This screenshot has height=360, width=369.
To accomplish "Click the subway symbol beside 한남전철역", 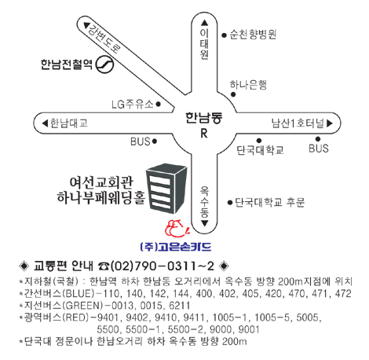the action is [x=104, y=64].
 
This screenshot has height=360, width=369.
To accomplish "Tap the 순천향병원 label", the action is [x=253, y=35].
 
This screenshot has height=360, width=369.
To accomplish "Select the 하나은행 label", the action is [x=248, y=85].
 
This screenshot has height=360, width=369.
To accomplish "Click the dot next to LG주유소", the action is [x=158, y=104].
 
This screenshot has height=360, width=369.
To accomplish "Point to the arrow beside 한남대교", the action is [x=45, y=123].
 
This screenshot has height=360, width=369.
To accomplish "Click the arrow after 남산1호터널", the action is [x=330, y=123].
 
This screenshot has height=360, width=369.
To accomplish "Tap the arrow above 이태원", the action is [x=204, y=23].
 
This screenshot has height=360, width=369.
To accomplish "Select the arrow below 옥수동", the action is [x=204, y=223].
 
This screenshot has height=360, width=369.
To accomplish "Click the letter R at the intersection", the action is [x=204, y=133].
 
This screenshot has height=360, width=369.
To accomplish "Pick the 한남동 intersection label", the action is [x=204, y=117].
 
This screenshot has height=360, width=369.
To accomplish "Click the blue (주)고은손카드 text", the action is [x=176, y=247].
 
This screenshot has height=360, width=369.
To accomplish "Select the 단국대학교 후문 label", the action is [x=269, y=202].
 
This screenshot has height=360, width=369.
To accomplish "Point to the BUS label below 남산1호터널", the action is [x=319, y=149].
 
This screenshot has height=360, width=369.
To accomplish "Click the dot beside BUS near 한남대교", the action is [x=155, y=141].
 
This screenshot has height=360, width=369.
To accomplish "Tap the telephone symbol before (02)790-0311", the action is [x=104, y=266].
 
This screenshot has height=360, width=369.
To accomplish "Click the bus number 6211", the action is [x=180, y=306].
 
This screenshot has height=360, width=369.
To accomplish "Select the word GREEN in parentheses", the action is [x=83, y=306].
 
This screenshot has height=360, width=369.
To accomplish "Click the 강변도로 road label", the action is [x=104, y=38].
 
